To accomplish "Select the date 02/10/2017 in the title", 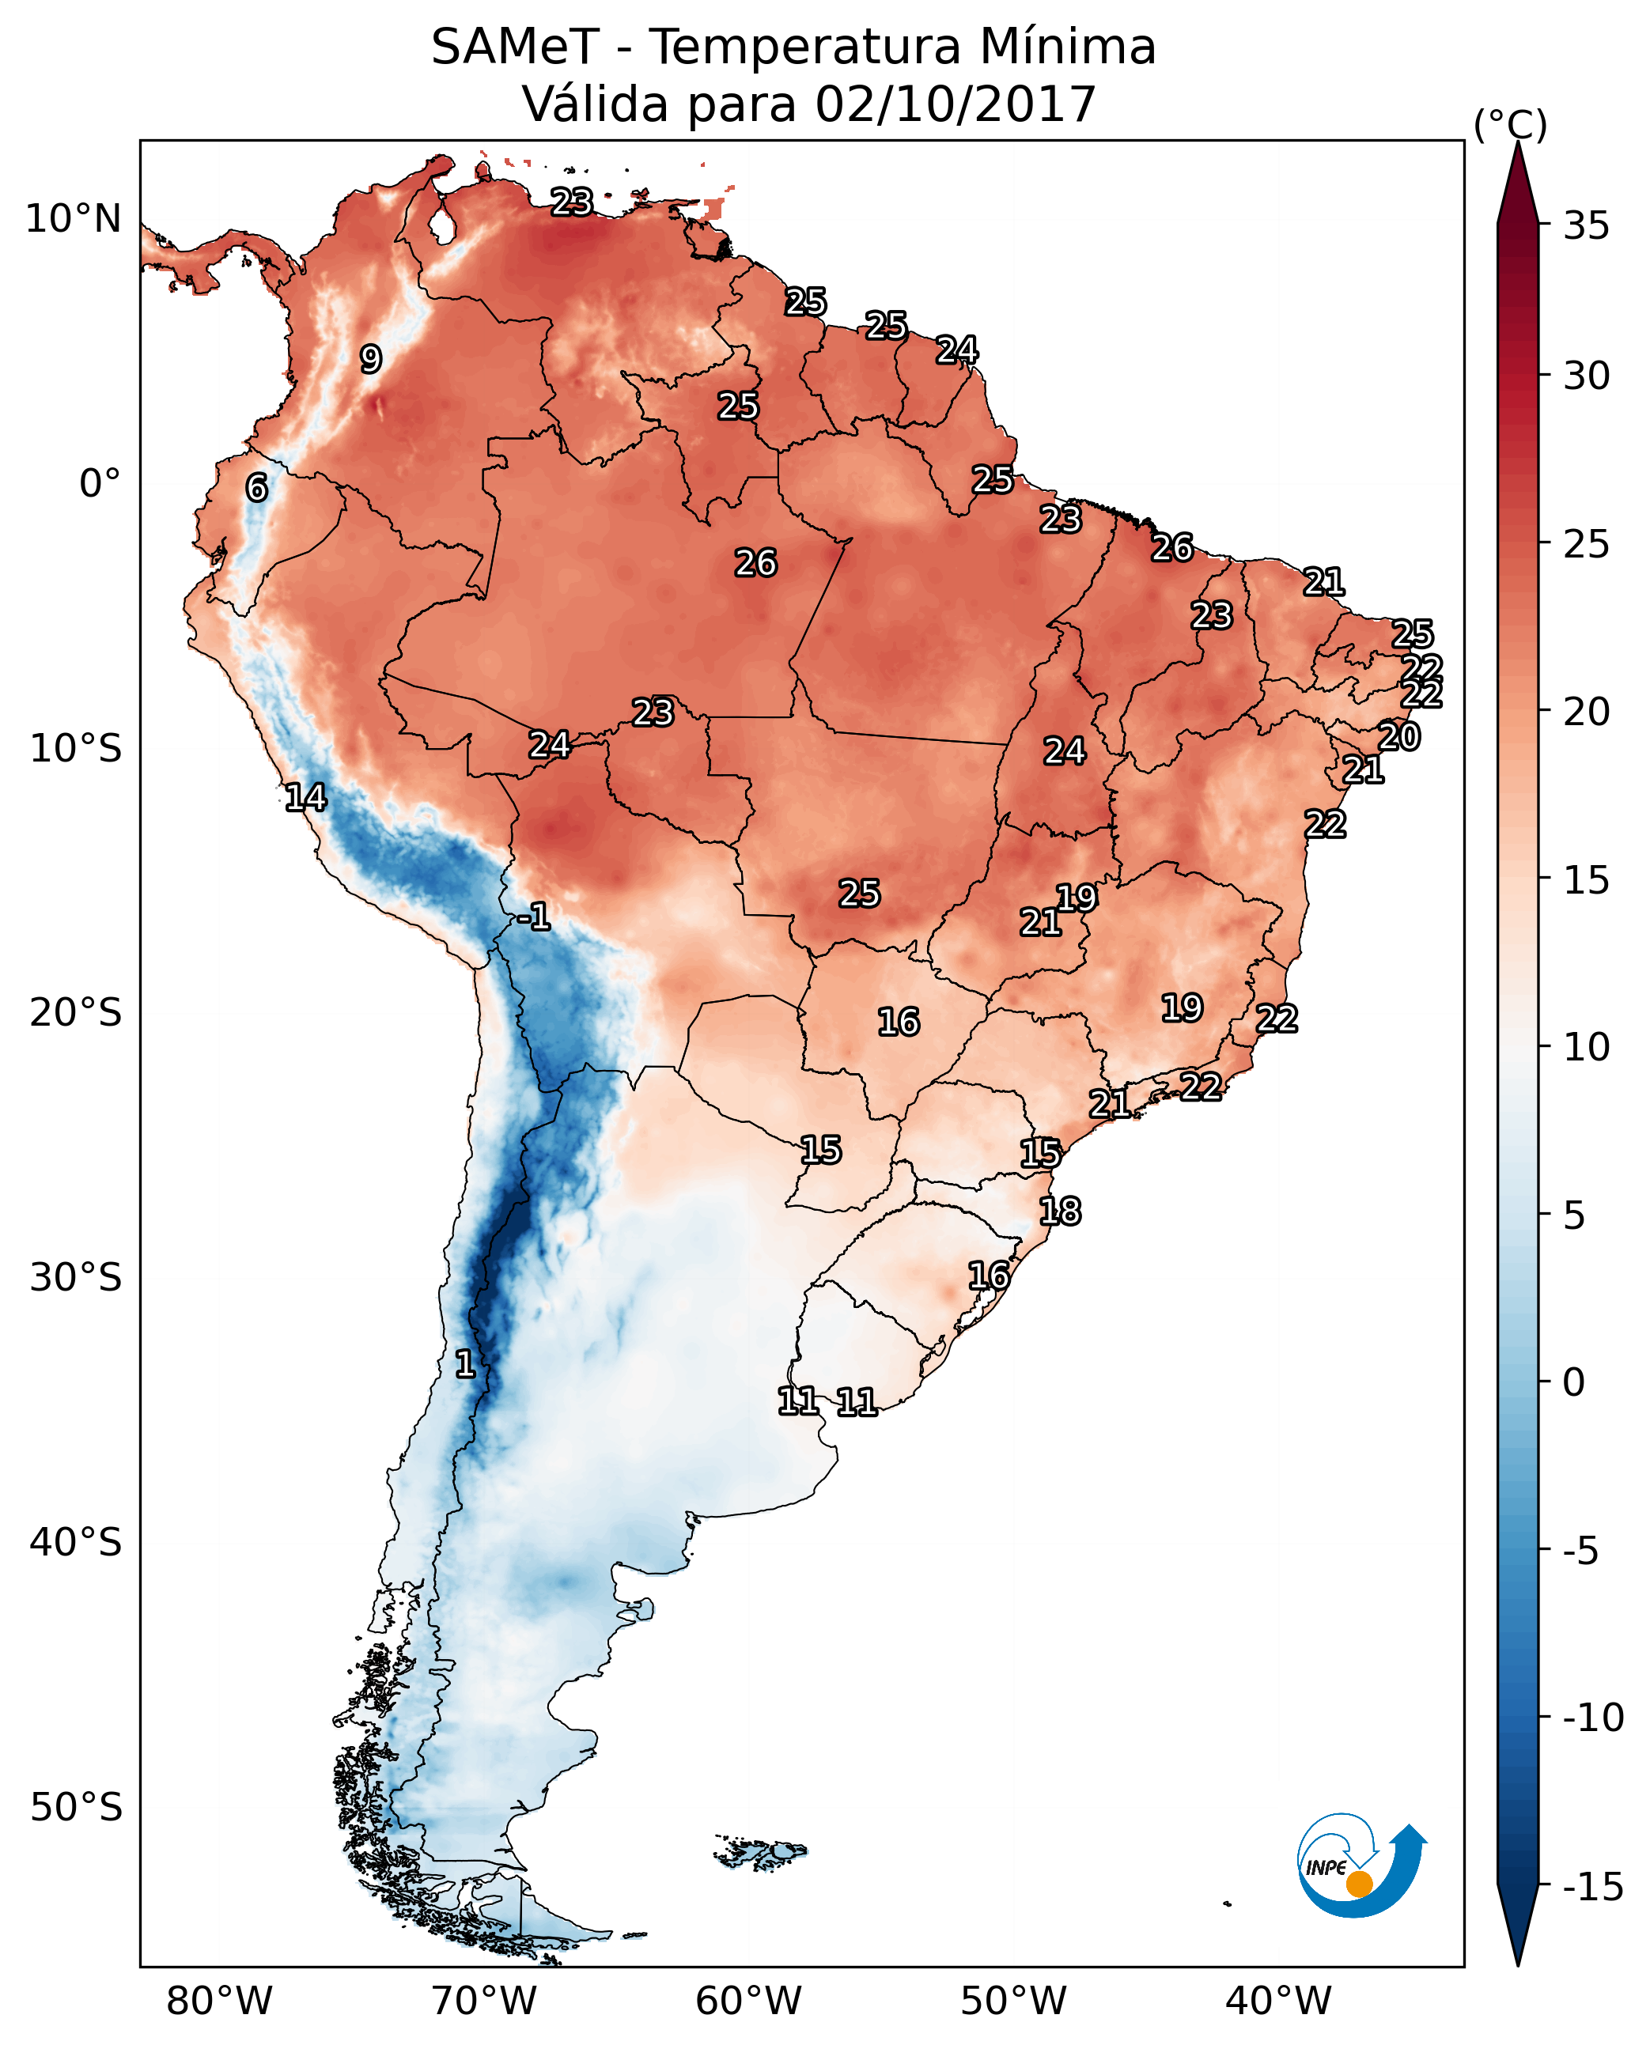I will point(956,104).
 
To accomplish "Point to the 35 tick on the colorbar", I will point(1586,226).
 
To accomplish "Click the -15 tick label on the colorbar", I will point(1592,1886).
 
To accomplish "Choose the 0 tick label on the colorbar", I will point(1574,1382).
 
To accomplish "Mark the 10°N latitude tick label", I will point(74,220).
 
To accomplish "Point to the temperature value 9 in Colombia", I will point(371,359).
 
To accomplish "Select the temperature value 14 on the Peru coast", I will point(305,797).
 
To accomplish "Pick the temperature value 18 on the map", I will point(1060,1212).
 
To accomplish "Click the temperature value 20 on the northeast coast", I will point(1399,736).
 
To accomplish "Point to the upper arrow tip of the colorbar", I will point(1518,146).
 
